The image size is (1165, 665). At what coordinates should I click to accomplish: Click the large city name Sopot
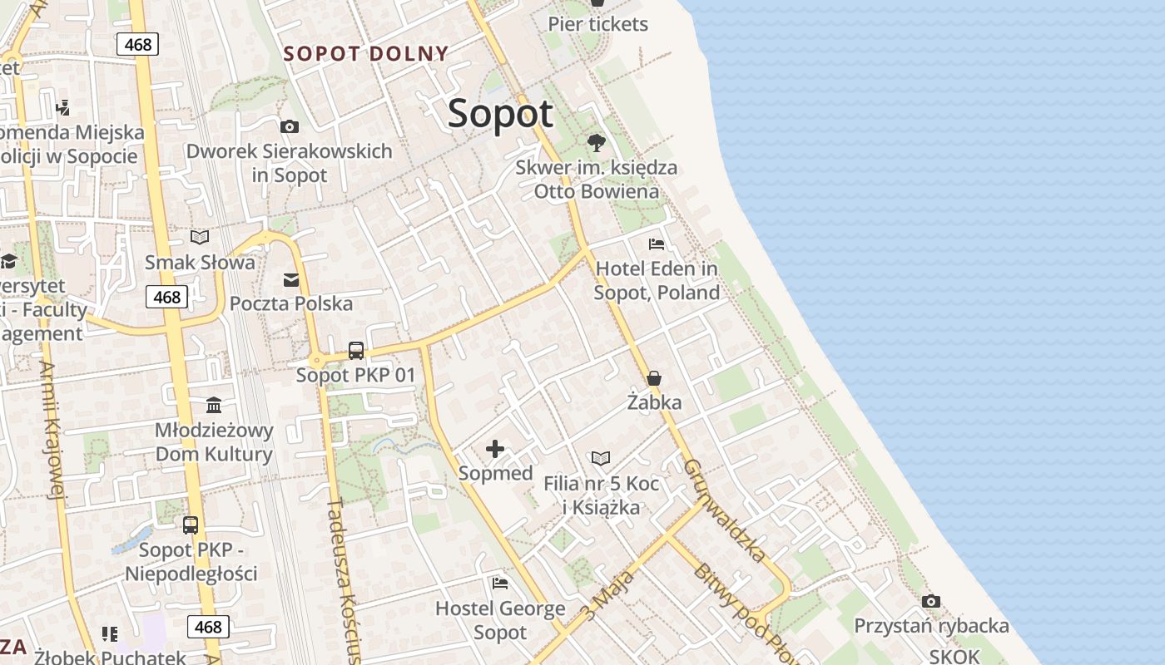click(500, 114)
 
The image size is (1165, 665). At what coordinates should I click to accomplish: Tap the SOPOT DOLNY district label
click(366, 54)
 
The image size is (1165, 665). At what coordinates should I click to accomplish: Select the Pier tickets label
click(597, 24)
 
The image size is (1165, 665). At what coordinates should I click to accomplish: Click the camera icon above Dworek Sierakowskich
click(290, 127)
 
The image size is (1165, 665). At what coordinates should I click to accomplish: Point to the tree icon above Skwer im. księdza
click(596, 143)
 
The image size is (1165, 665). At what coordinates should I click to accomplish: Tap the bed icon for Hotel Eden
click(657, 244)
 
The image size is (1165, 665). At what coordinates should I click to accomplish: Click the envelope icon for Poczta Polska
click(291, 280)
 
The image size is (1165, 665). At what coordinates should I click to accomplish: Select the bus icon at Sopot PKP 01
click(356, 351)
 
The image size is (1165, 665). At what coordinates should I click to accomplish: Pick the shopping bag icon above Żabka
click(654, 378)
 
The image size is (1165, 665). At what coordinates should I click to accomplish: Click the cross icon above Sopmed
click(495, 450)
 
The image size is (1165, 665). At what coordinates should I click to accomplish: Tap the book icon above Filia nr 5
click(601, 458)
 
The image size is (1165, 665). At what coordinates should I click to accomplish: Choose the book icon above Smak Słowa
click(200, 238)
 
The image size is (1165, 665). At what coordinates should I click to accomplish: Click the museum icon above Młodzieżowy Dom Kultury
click(214, 406)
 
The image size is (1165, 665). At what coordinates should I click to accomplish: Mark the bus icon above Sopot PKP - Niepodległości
click(191, 525)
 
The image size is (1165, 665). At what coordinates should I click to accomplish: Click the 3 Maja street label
click(607, 595)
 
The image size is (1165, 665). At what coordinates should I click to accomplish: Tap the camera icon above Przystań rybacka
click(931, 601)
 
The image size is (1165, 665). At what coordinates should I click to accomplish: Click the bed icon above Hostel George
click(500, 584)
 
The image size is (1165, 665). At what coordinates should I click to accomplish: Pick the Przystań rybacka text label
click(931, 626)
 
